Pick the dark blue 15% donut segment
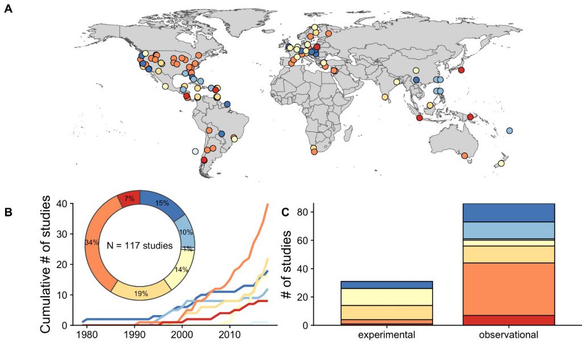point(165,204)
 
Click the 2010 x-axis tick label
point(230,336)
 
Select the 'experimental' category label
point(387,336)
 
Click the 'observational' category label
point(509,336)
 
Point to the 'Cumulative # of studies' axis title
point(48,264)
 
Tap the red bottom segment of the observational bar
point(509,320)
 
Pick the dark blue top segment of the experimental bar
point(387,284)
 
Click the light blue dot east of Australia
point(509,131)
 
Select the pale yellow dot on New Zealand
point(501,164)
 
